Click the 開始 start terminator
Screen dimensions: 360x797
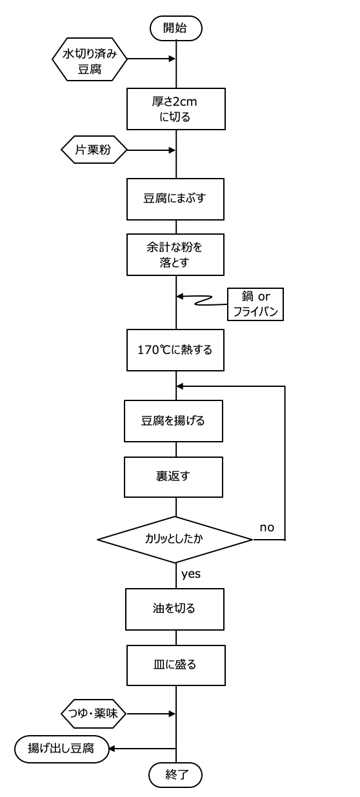click(x=176, y=28)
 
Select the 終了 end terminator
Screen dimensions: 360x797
click(x=176, y=774)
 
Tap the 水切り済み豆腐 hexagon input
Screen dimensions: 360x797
click(x=90, y=59)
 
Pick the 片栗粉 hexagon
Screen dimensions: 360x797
click(x=94, y=150)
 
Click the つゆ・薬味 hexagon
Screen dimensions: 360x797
click(x=94, y=713)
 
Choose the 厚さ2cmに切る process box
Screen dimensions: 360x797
click(x=176, y=109)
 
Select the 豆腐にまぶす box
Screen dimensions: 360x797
click(x=175, y=199)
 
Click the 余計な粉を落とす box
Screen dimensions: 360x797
click(x=175, y=255)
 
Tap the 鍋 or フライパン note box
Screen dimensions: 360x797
click(x=255, y=304)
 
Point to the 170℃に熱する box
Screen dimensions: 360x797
click(x=175, y=350)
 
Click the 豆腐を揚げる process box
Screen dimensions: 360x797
click(x=174, y=421)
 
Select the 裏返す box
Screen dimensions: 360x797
click(x=174, y=477)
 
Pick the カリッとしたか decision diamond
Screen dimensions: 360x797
click(x=175, y=540)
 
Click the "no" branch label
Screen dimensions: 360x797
click(x=266, y=527)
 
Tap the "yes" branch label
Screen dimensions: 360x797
click(x=191, y=575)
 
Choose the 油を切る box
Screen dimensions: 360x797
click(x=174, y=609)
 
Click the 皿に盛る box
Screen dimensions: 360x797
click(x=176, y=665)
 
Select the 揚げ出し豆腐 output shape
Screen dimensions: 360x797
click(x=61, y=749)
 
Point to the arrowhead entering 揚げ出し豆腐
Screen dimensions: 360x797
click(x=111, y=749)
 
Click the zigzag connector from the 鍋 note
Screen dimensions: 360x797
click(x=202, y=300)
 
